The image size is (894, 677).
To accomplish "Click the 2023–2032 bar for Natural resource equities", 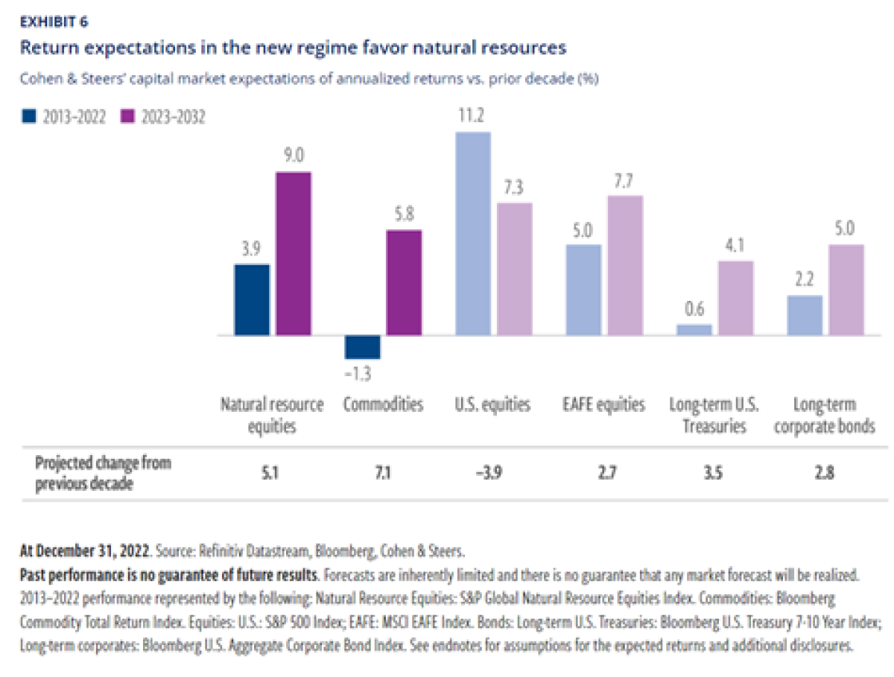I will [294, 254].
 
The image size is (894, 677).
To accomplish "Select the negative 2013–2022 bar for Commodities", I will [362, 347].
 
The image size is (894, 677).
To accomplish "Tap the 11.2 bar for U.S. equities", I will [473, 234].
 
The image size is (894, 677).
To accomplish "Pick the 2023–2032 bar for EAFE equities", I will [624, 266].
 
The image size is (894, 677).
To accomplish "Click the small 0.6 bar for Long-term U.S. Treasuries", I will [694, 329].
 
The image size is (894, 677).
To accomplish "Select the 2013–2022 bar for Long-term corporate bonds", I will [804, 316].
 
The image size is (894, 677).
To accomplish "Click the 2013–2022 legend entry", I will [63, 116].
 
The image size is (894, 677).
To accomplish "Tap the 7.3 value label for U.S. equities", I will [514, 188].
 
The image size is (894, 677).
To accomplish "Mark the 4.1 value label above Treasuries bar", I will [735, 247].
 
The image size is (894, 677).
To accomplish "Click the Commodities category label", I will [383, 405].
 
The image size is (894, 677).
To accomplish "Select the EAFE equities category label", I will [603, 405].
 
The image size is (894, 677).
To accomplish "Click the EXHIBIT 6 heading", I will [53, 22].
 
